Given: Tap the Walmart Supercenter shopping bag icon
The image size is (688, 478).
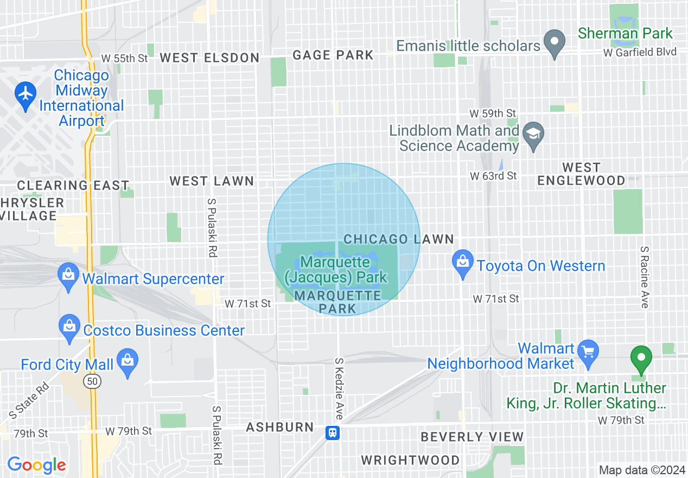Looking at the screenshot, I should (68, 275).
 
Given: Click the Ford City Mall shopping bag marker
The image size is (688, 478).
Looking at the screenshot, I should (128, 361).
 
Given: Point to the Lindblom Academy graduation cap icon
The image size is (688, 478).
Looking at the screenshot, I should (533, 133).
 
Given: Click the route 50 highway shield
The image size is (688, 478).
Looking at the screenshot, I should (91, 382).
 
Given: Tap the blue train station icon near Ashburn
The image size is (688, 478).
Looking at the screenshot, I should (333, 432).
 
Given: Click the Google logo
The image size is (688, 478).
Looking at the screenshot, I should (36, 465).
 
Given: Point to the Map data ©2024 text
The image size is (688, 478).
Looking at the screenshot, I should (641, 470).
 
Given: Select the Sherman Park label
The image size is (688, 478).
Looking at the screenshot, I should (625, 33).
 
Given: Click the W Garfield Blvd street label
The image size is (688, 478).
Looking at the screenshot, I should (640, 52).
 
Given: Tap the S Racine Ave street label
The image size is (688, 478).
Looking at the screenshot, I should (644, 276).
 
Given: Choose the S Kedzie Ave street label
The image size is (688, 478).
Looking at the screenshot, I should (339, 388).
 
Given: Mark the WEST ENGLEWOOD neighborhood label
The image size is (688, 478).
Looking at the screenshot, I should (581, 174).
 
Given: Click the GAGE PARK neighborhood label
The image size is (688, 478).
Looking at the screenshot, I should (333, 55).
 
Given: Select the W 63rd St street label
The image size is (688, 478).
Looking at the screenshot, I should (493, 175).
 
